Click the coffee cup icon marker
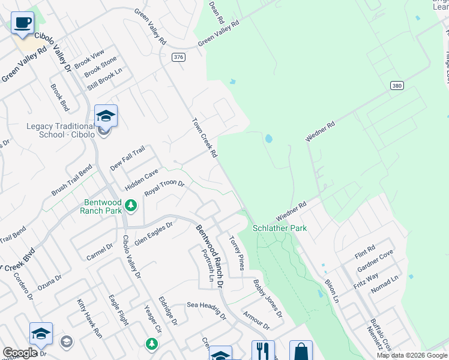point(22,23)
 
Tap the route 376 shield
point(178,57)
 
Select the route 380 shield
point(396,85)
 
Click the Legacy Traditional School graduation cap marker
point(106,116)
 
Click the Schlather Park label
point(279,228)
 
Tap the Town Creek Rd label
point(204,137)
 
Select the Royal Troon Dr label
point(164,188)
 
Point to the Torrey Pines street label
point(236,252)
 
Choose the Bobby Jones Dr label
point(267,298)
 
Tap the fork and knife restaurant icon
point(263,350)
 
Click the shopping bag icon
point(301,351)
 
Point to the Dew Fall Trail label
point(128,158)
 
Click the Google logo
point(20,353)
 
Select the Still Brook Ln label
point(109,80)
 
